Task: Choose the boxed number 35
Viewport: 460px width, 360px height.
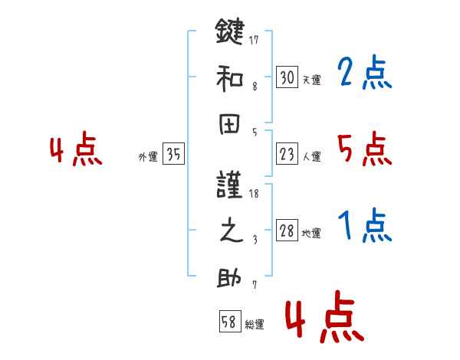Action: click(x=173, y=155)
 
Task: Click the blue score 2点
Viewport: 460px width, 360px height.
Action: click(x=364, y=74)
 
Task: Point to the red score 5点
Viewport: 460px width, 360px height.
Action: click(x=364, y=150)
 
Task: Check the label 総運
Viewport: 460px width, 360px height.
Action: click(x=255, y=324)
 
